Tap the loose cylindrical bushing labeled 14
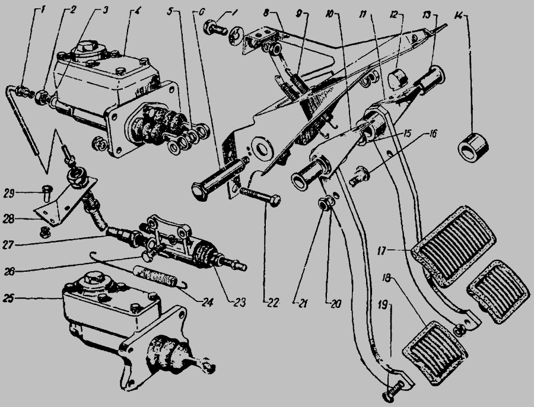[475, 145]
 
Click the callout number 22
[273, 301]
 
